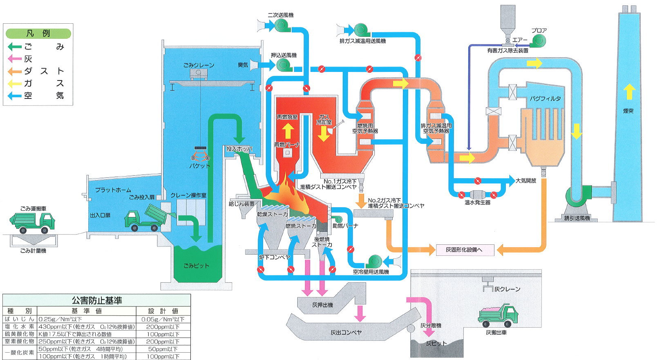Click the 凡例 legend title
[x=38, y=33]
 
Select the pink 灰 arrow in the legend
[x=15, y=59]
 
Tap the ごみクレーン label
[x=199, y=65]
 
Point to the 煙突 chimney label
[x=628, y=111]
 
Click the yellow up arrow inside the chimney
[x=629, y=92]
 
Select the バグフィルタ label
[x=546, y=98]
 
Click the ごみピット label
[x=196, y=266]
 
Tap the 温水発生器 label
[x=478, y=203]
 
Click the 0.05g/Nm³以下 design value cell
[x=163, y=320]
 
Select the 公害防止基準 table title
[x=97, y=300]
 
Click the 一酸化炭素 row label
[x=20, y=353]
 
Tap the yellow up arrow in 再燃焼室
[x=288, y=131]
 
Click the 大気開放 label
[x=526, y=181]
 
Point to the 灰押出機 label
[x=322, y=305]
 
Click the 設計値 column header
[x=163, y=311]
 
